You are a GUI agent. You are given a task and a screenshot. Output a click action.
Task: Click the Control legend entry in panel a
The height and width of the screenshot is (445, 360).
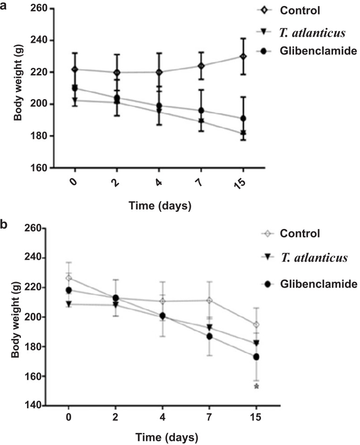pyautogui.click(x=300, y=11)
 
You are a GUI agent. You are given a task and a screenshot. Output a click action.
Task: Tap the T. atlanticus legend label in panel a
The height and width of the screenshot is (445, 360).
pyautogui.click(x=313, y=33)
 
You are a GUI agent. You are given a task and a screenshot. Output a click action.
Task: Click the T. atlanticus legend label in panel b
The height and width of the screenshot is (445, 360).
pyautogui.click(x=314, y=258)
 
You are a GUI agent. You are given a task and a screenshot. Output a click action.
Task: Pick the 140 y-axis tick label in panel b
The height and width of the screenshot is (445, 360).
pyautogui.click(x=33, y=405)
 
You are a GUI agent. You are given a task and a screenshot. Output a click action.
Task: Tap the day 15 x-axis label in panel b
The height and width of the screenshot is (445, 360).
pyautogui.click(x=256, y=418)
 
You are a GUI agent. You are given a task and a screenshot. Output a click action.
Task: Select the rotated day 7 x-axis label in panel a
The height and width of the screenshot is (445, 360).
pyautogui.click(x=200, y=182)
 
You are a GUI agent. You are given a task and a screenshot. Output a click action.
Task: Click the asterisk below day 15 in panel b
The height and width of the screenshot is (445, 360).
pyautogui.click(x=256, y=386)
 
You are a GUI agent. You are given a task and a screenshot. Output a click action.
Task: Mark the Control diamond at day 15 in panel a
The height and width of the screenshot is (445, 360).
pyautogui.click(x=243, y=56)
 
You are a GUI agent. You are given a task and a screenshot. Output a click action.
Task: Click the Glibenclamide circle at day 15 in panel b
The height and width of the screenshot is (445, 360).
pyautogui.click(x=256, y=357)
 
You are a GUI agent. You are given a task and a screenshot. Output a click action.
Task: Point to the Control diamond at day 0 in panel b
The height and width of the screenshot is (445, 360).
pyautogui.click(x=68, y=278)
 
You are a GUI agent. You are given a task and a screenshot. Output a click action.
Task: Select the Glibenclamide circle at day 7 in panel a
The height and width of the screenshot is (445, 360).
pyautogui.click(x=201, y=110)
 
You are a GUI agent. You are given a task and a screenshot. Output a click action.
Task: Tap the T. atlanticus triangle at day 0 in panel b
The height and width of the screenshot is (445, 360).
pyautogui.click(x=69, y=303)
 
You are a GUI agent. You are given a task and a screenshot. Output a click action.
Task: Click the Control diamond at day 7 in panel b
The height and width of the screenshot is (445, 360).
pyautogui.click(x=209, y=300)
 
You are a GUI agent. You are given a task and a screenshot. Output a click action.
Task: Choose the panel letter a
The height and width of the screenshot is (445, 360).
pyautogui.click(x=3, y=6)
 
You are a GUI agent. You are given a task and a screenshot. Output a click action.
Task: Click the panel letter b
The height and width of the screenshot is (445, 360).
pyautogui.click(x=4, y=224)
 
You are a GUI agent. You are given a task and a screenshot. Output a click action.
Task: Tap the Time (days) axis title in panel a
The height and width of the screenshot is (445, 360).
pyautogui.click(x=160, y=205)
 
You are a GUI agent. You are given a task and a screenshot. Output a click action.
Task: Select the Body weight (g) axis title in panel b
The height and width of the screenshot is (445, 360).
pyautogui.click(x=16, y=320)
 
